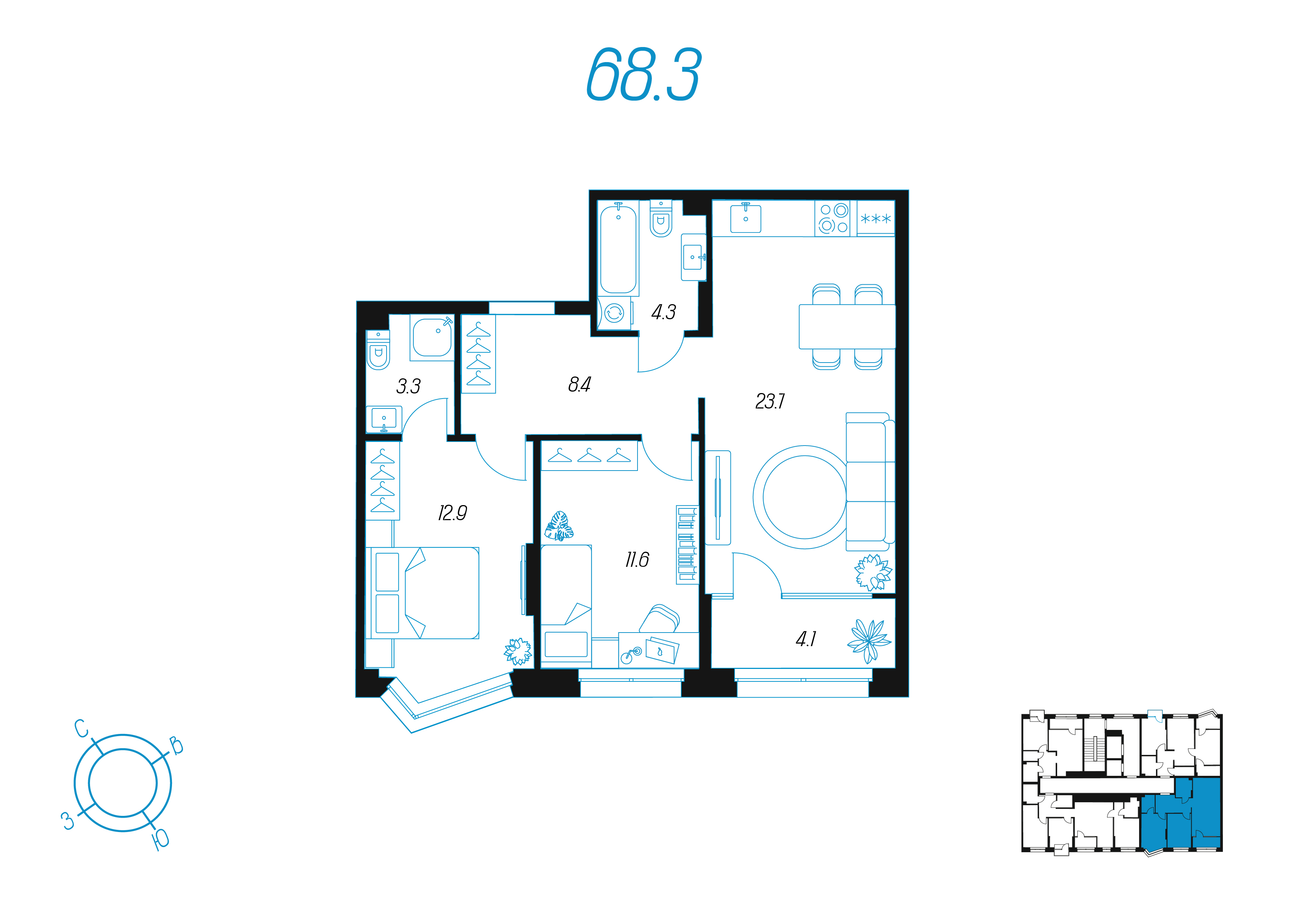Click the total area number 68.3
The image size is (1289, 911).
coord(643,74)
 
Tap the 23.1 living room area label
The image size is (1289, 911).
coord(770,402)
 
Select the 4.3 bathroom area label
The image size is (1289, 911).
coord(664,312)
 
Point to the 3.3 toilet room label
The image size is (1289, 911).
coord(408,386)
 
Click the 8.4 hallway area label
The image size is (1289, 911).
coord(579,385)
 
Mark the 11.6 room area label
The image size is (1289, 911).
coord(637,559)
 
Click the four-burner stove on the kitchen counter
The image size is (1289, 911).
coord(833,218)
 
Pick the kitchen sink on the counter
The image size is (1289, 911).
coord(746,218)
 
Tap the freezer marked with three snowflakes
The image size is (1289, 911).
coord(876,218)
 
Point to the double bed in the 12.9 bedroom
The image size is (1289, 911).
coord(423,593)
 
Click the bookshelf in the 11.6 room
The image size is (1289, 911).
coord(687,544)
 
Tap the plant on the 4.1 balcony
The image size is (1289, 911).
coord(869,640)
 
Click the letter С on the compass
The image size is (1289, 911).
coord(82,728)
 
